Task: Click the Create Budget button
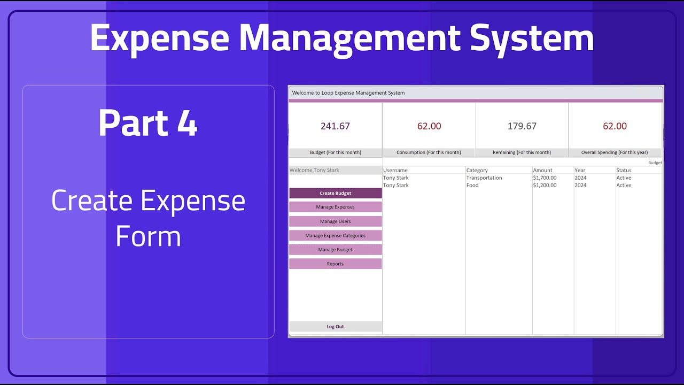tap(335, 193)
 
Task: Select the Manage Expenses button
tap(335, 207)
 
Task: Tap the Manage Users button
tap(335, 221)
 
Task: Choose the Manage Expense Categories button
tap(335, 235)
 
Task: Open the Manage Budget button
tap(335, 250)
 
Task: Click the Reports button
tap(335, 264)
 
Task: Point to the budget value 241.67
tap(335, 126)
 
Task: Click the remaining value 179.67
tap(522, 126)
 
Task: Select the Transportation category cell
tap(484, 178)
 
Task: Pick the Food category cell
tap(472, 185)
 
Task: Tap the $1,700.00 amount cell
tap(545, 178)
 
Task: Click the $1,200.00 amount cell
tap(545, 185)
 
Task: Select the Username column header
tap(395, 170)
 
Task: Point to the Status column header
tap(624, 170)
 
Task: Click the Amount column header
tap(542, 170)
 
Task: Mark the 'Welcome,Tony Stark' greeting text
tap(314, 170)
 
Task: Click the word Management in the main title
tap(349, 38)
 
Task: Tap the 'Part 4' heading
tap(148, 123)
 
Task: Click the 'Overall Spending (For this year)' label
tap(615, 152)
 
